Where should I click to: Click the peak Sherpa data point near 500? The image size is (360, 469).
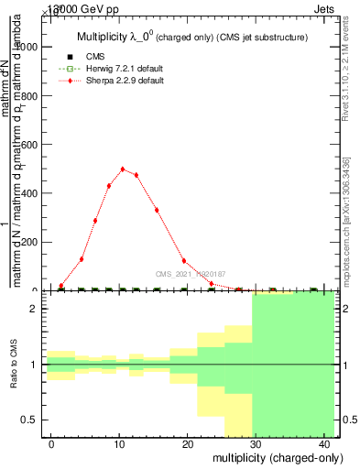pyautogui.click(x=123, y=169)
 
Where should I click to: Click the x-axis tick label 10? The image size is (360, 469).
pyautogui.click(x=119, y=443)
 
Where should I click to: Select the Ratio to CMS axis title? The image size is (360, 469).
pyautogui.click(x=15, y=365)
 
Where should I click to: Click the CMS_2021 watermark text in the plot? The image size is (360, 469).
pyautogui.click(x=191, y=273)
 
